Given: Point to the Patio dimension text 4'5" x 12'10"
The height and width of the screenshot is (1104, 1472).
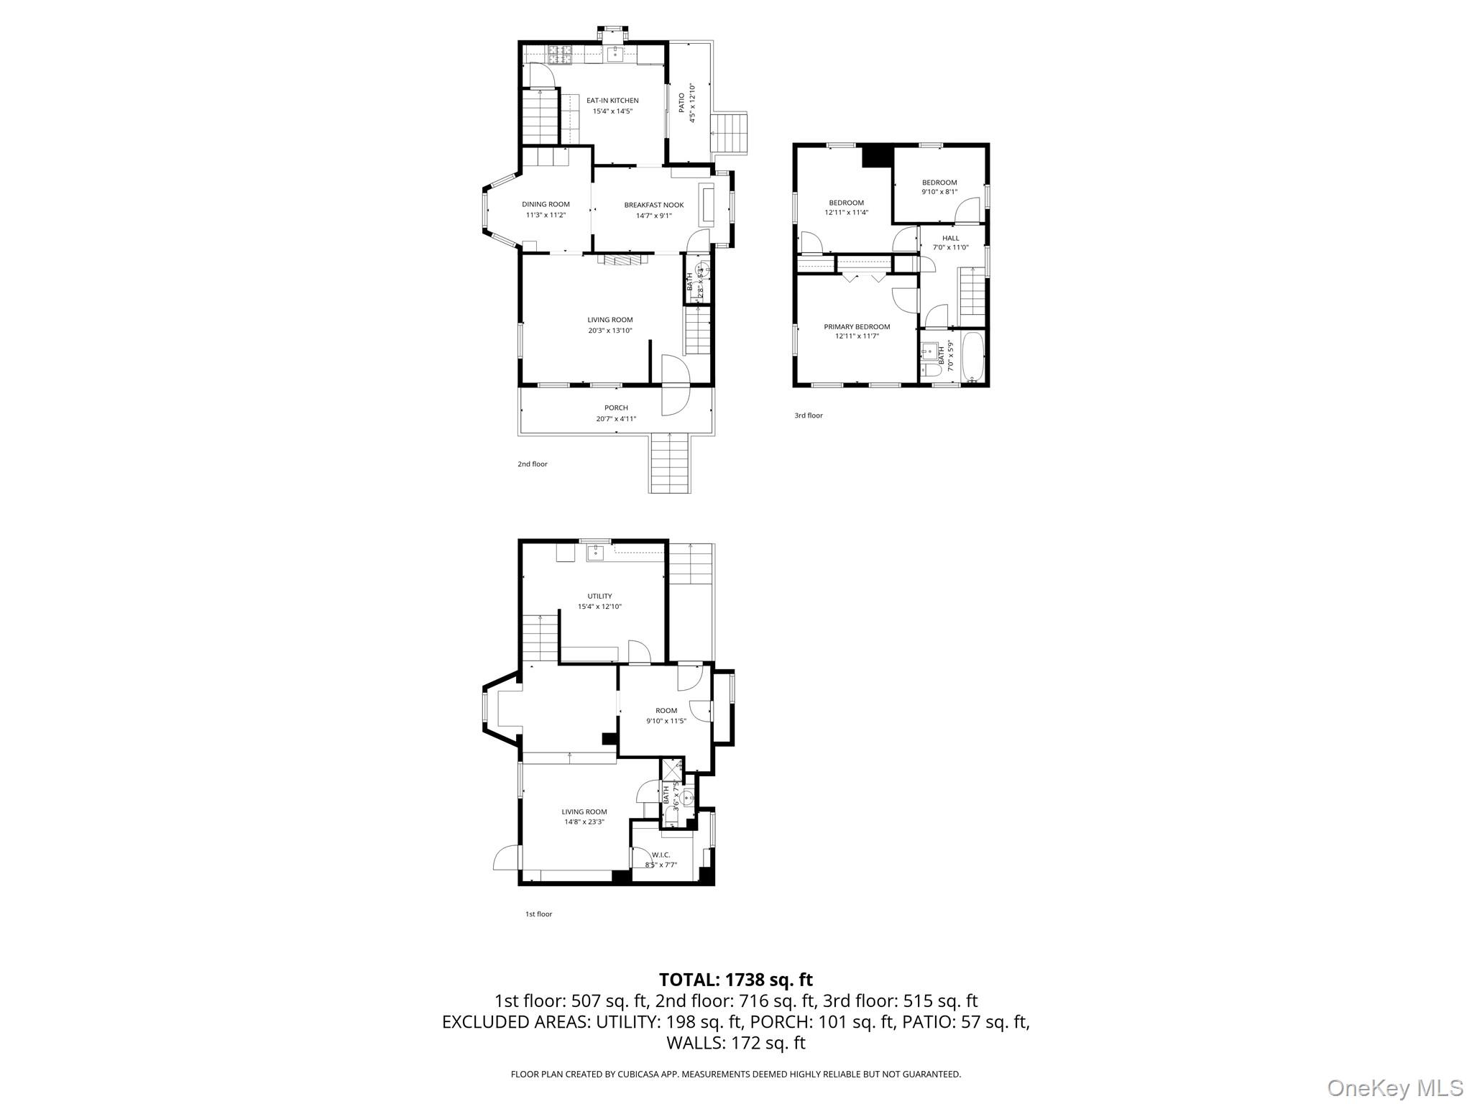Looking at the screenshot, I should pyautogui.click(x=693, y=104).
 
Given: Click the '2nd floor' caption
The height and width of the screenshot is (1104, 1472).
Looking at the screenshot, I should pyautogui.click(x=533, y=464).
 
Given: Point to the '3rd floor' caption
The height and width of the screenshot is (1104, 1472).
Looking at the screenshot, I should pyautogui.click(x=809, y=415).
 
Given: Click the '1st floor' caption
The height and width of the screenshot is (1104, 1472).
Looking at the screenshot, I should pyautogui.click(x=538, y=914).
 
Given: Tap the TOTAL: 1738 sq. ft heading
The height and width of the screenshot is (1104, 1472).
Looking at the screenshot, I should pyautogui.click(x=735, y=980).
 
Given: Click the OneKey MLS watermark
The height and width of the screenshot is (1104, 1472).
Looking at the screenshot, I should pyautogui.click(x=1394, y=1087).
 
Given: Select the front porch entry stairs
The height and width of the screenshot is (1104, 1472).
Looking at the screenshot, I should pyautogui.click(x=670, y=464).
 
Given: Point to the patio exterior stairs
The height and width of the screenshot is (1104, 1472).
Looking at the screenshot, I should pyautogui.click(x=730, y=134).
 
